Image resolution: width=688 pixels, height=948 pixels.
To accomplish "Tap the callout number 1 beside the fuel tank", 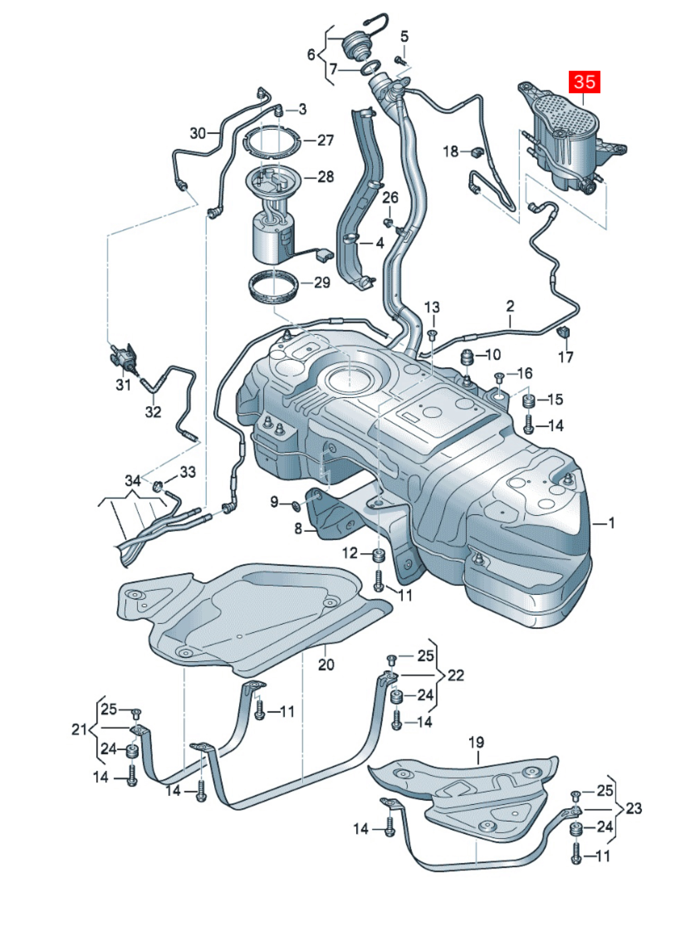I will click(611, 523).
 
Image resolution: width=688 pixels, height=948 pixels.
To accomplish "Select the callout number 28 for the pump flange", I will click(326, 177).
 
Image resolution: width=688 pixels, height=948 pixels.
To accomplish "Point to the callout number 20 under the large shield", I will click(326, 665).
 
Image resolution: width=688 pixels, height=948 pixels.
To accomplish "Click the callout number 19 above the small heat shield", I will click(476, 743).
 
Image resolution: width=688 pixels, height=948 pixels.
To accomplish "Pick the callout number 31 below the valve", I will click(123, 385).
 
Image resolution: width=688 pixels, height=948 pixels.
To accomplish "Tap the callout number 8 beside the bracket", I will click(298, 529).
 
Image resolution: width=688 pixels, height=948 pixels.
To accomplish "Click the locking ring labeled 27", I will click(272, 142).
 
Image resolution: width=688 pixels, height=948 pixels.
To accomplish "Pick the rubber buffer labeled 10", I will click(466, 359).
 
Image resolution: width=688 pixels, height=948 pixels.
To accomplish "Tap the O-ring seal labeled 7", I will click(370, 67).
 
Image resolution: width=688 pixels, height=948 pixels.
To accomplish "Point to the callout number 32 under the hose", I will click(153, 412).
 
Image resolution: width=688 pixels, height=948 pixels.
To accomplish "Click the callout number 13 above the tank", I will click(432, 308).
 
